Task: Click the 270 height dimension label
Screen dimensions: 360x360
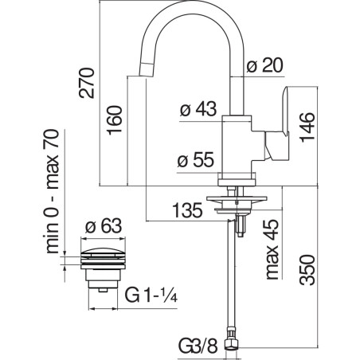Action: click(x=87, y=83)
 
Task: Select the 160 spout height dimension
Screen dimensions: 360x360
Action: click(x=115, y=120)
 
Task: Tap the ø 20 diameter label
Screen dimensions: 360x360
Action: click(x=264, y=65)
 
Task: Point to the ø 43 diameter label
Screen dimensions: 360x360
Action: click(x=198, y=109)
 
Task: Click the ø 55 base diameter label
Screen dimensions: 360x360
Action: click(x=195, y=160)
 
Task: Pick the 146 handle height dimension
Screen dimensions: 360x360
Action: click(x=307, y=127)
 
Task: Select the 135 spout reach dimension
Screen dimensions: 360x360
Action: click(x=187, y=210)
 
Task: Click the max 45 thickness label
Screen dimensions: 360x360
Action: click(x=272, y=249)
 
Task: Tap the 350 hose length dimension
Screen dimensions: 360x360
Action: click(x=307, y=270)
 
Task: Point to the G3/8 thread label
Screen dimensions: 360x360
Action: click(x=198, y=346)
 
